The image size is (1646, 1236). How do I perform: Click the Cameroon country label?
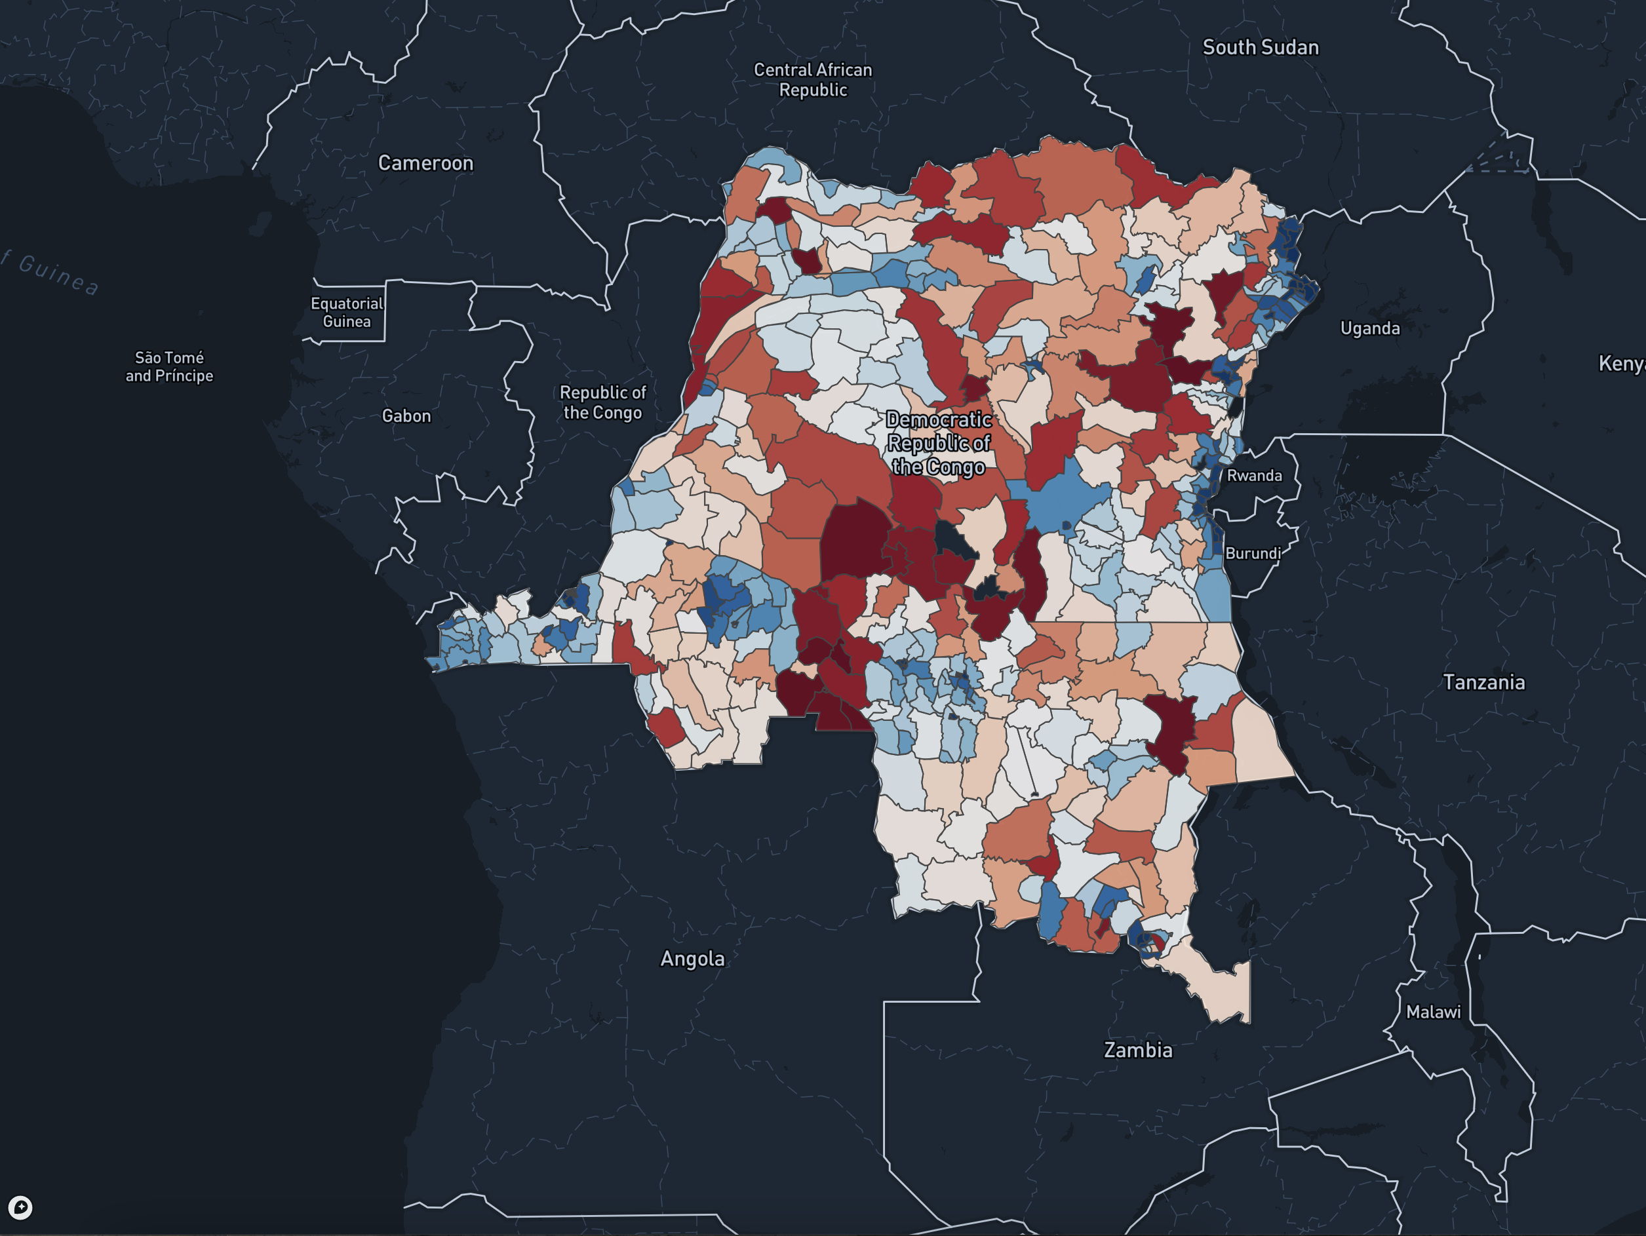425,163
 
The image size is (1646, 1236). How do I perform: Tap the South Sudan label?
1260,48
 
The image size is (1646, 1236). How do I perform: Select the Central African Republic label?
813,79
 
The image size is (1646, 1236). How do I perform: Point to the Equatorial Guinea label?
347,313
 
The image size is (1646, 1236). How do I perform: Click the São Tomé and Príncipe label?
169,367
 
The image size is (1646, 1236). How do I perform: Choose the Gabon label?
406,416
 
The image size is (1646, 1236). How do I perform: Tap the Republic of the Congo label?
602,402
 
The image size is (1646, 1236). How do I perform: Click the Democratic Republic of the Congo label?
938,444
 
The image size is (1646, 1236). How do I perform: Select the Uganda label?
1369,329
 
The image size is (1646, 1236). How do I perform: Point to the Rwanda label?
1254,476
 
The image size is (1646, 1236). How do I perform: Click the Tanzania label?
1484,682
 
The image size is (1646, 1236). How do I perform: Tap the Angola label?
692,958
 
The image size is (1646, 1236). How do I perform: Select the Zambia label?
1137,1051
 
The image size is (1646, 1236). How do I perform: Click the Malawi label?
1433,1012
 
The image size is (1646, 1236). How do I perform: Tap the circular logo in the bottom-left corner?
20,1207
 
